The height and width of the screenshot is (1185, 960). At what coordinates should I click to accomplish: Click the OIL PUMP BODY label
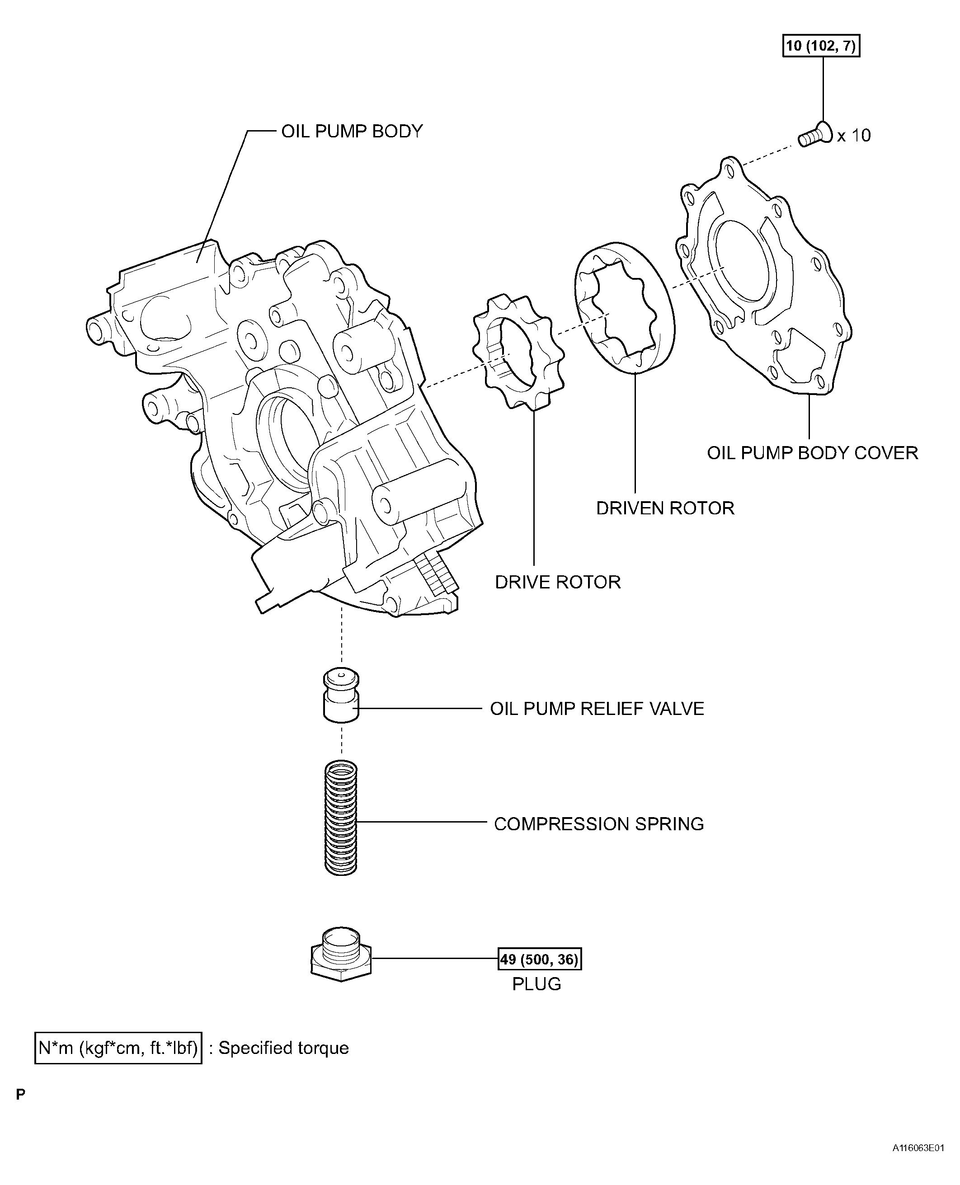tap(352, 132)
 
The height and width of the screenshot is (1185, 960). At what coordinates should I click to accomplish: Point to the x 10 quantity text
tap(854, 136)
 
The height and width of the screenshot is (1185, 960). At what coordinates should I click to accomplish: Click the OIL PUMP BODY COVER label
tap(812, 453)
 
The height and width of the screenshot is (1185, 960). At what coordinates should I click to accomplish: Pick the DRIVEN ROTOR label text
tap(665, 508)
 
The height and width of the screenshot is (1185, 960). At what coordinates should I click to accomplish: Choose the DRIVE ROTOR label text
tap(557, 582)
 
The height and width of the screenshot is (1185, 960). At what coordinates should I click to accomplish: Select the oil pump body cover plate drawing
tap(763, 277)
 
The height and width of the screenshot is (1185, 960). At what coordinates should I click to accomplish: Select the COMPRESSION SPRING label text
tap(598, 824)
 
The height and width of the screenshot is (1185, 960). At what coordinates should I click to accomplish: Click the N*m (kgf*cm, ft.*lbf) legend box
tap(118, 1048)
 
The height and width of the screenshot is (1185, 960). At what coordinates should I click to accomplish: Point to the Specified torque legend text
tap(283, 1048)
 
